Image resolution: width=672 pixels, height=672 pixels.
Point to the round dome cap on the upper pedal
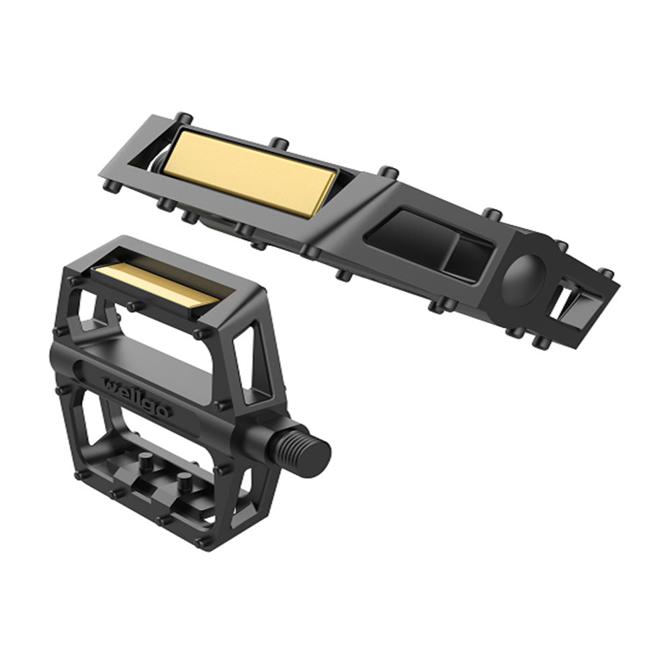[x=523, y=280]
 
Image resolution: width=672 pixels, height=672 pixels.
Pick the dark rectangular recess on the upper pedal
[x=429, y=245]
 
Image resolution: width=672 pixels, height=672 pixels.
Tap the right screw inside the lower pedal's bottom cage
[x=185, y=482]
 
